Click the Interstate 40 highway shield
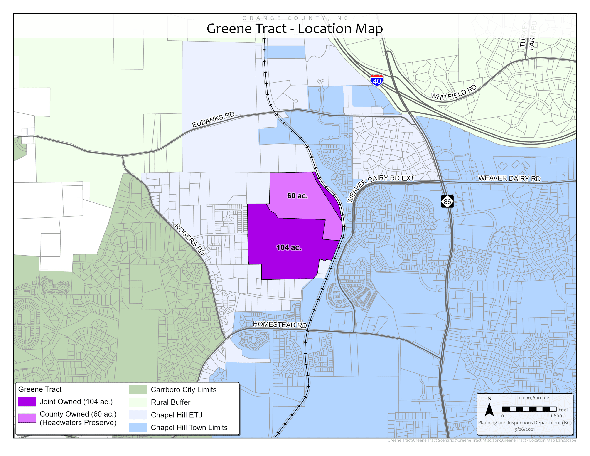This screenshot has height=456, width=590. click(377, 80)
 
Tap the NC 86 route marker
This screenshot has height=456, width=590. click(447, 201)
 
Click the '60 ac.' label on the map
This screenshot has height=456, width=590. click(297, 196)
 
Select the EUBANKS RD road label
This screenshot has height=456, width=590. click(213, 120)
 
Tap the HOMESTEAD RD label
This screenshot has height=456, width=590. click(280, 324)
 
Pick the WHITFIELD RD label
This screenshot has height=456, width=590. click(454, 93)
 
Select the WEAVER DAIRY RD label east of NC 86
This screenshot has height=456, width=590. click(509, 178)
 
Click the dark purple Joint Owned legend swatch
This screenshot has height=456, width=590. click(27, 402)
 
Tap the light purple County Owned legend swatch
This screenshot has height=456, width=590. click(27, 418)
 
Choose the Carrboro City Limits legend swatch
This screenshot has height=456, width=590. click(138, 389)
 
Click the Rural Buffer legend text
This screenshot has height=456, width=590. click(170, 402)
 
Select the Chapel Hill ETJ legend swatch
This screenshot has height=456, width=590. click(138, 415)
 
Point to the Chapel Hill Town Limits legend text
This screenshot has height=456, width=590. click(189, 427)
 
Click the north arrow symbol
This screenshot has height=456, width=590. click(489, 409)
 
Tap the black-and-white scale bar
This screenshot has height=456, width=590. click(529, 409)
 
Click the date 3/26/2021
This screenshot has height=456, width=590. click(525, 429)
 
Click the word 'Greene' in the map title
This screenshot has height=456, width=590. click(229, 29)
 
